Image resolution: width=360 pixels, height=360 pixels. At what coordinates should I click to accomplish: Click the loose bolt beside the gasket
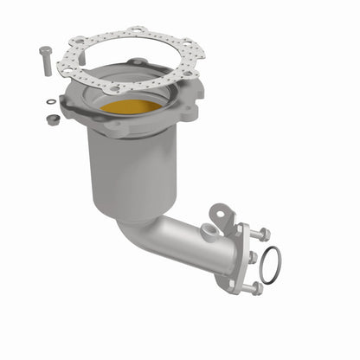[x=45, y=61]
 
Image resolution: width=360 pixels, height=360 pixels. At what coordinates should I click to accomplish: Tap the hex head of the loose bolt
[x=44, y=49]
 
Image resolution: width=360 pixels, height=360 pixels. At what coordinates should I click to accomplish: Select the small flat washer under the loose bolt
[x=51, y=102]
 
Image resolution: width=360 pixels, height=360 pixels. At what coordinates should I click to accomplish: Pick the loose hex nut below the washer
[x=53, y=119]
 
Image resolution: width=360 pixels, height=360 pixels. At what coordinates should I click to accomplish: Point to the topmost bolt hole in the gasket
[x=134, y=33]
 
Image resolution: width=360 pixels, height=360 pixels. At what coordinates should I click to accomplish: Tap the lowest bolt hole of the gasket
[x=114, y=87]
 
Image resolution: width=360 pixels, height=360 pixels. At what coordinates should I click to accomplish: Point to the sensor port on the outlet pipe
[x=207, y=231]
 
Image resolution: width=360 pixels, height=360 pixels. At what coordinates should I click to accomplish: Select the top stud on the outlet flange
[x=261, y=235]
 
